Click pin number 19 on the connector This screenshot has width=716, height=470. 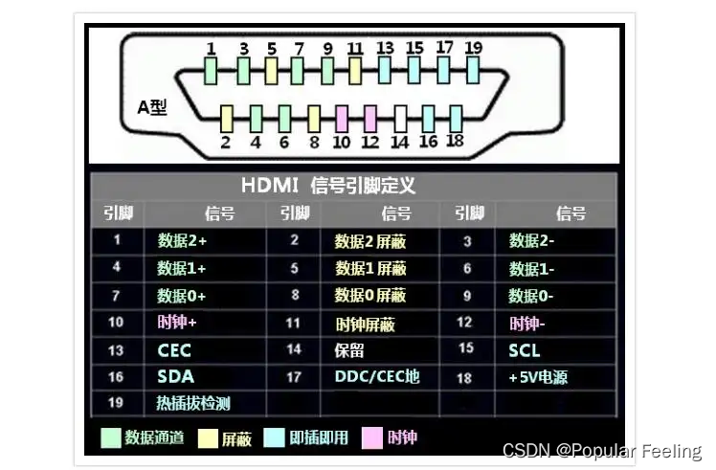tap(473, 69)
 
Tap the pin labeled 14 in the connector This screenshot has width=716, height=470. tap(400, 118)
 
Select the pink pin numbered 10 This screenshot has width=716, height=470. tap(342, 118)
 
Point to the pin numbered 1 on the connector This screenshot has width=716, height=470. tap(212, 69)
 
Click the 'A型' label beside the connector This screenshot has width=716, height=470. tap(152, 107)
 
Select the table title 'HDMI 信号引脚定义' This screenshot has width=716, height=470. tap(328, 186)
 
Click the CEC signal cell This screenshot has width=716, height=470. tap(175, 350)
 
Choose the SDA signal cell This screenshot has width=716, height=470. tap(175, 377)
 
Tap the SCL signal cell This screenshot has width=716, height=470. tap(525, 350)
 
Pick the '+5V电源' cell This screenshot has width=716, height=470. tap(538, 377)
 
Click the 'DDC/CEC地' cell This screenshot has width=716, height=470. tap(376, 377)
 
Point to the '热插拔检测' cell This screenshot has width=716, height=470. tap(193, 403)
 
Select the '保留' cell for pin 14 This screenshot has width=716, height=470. tap(349, 350)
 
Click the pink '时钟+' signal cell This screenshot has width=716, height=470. tap(178, 324)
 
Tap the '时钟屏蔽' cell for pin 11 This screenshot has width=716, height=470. tap(365, 324)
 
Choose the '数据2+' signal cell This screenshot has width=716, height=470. tap(182, 240)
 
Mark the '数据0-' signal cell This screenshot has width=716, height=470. tap(531, 296)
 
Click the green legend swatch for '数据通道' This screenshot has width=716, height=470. tap(111, 438)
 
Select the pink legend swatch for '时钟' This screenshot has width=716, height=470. tap(371, 438)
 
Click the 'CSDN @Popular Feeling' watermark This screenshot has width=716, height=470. tap(602, 451)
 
